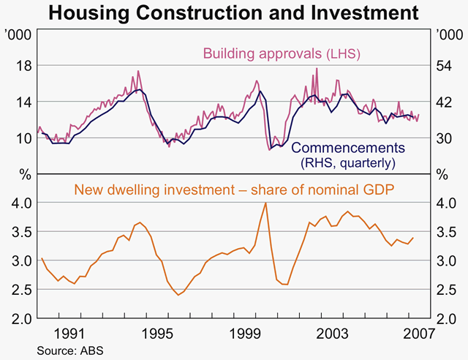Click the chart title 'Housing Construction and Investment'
pos(234,12)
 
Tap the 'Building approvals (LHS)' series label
pos(282,53)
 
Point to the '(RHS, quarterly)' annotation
pos(348,162)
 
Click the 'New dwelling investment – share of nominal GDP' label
pos(233,189)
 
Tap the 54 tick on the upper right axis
pos(446,66)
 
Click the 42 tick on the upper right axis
pos(446,102)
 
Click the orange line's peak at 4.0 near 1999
pos(265,203)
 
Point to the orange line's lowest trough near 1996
pos(178,295)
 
